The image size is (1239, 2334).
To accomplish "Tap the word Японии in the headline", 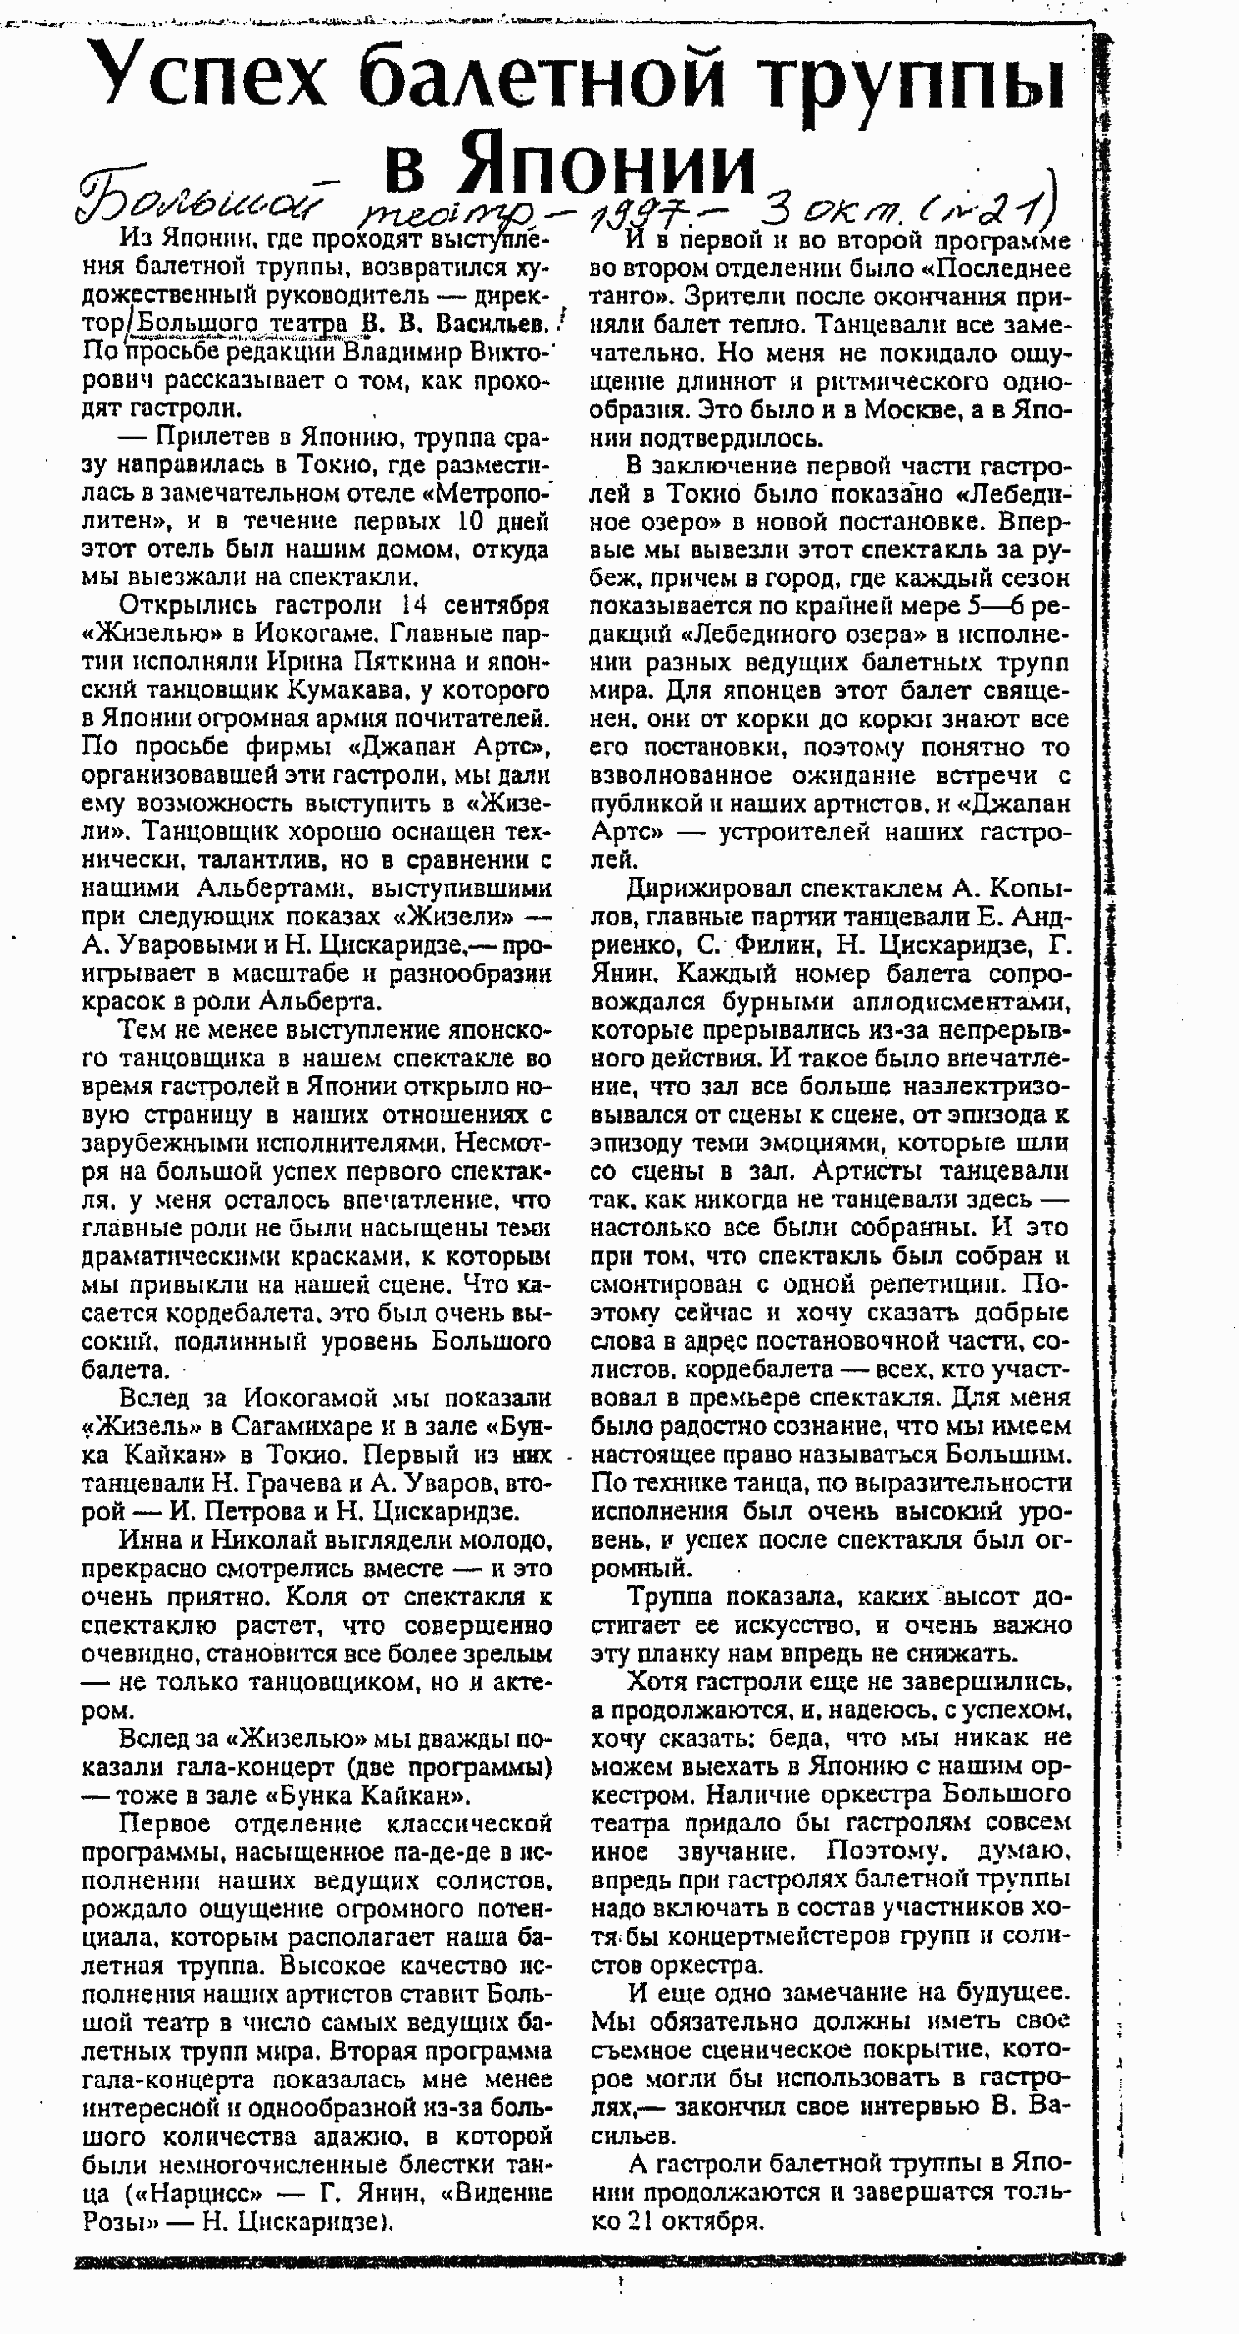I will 607,166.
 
